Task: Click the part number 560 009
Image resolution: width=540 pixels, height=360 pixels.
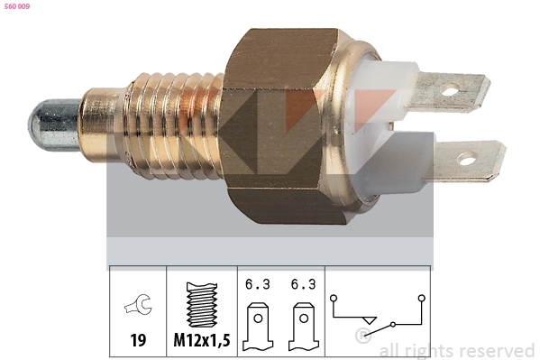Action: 17,6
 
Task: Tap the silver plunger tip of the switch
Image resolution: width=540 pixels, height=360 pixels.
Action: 54,125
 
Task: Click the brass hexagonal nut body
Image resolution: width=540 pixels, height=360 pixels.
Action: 281,126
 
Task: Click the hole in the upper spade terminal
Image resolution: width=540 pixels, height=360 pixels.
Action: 450,91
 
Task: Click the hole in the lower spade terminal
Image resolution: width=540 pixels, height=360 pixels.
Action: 467,159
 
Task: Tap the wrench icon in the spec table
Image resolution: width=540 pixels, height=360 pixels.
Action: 139,304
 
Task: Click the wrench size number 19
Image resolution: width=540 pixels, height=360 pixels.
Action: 138,340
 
